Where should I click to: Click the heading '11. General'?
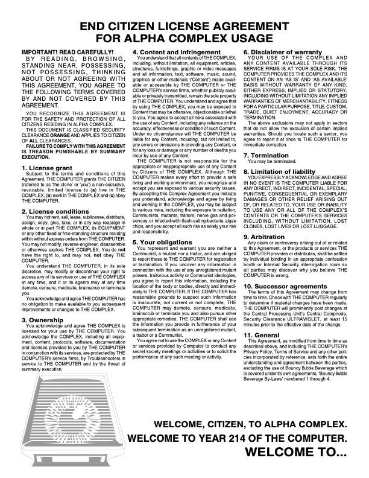tap(266, 334)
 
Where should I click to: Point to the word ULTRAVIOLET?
tap(302, 318)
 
